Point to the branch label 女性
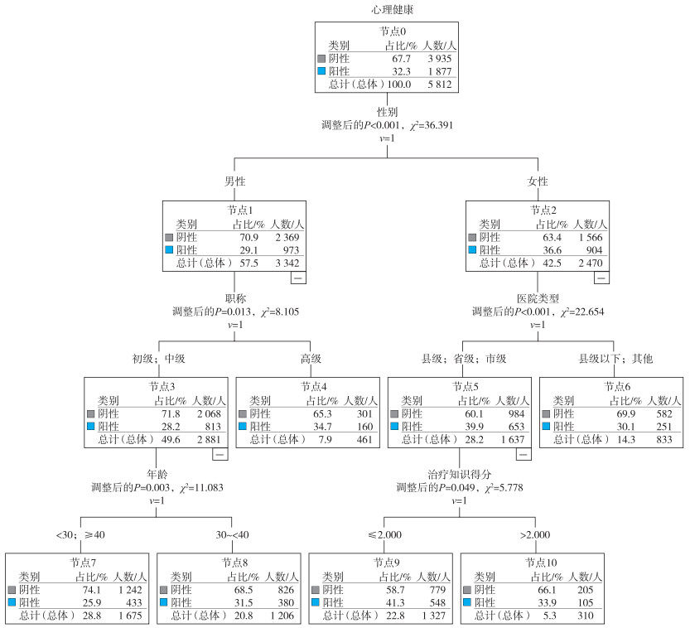click(538, 181)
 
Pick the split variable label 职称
click(234, 298)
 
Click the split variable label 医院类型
click(538, 298)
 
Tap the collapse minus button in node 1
click(298, 278)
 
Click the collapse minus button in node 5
click(524, 454)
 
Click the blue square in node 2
click(473, 250)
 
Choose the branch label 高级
click(311, 359)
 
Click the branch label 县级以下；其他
click(615, 359)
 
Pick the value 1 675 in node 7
click(128, 616)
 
